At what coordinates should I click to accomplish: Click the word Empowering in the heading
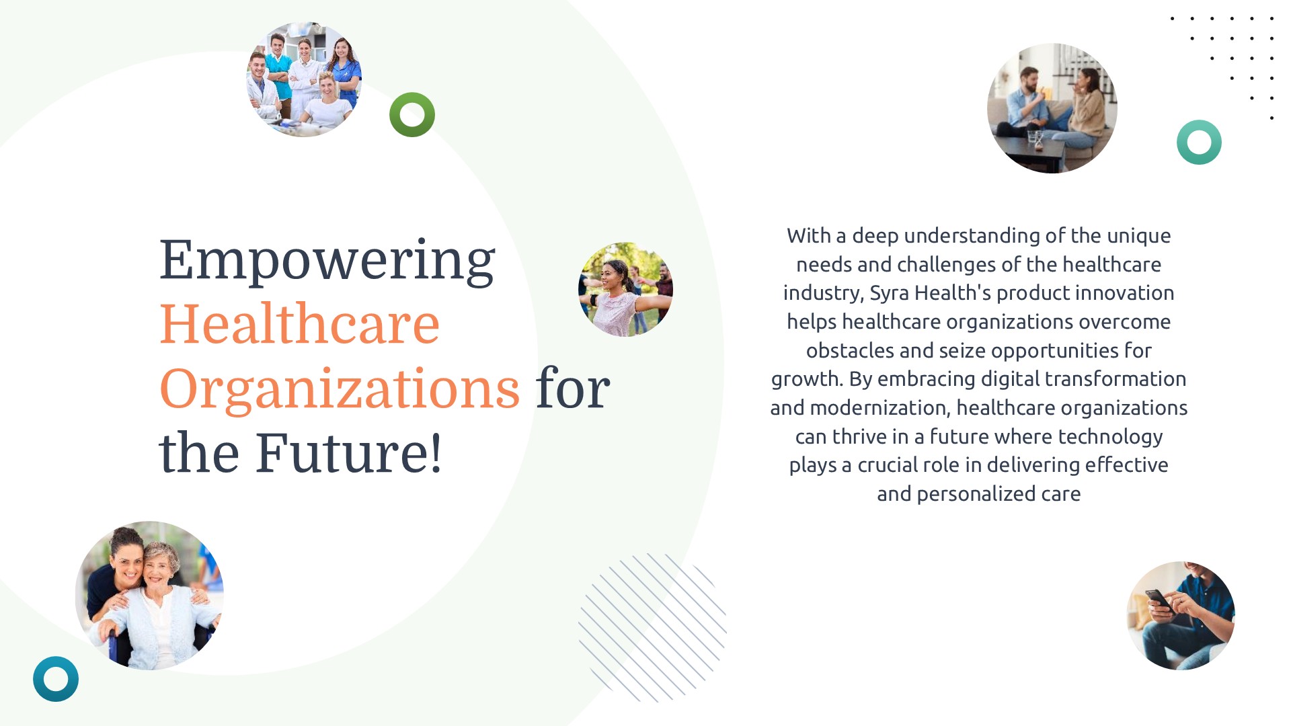coord(327,261)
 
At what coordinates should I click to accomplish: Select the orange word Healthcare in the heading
coord(300,324)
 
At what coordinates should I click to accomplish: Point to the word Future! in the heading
coord(349,453)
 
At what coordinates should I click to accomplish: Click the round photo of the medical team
coord(305,79)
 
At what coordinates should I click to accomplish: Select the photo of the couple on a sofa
coord(1052,108)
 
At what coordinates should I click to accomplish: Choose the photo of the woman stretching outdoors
coord(625,289)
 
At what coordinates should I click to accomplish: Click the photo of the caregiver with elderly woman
coord(149,596)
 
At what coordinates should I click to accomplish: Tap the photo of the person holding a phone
coord(1181,616)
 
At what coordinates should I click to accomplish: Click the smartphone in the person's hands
coord(1160,600)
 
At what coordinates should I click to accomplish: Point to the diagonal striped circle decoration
coord(652,628)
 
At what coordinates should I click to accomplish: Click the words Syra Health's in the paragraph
coord(931,293)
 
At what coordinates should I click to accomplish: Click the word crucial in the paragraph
coord(890,465)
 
